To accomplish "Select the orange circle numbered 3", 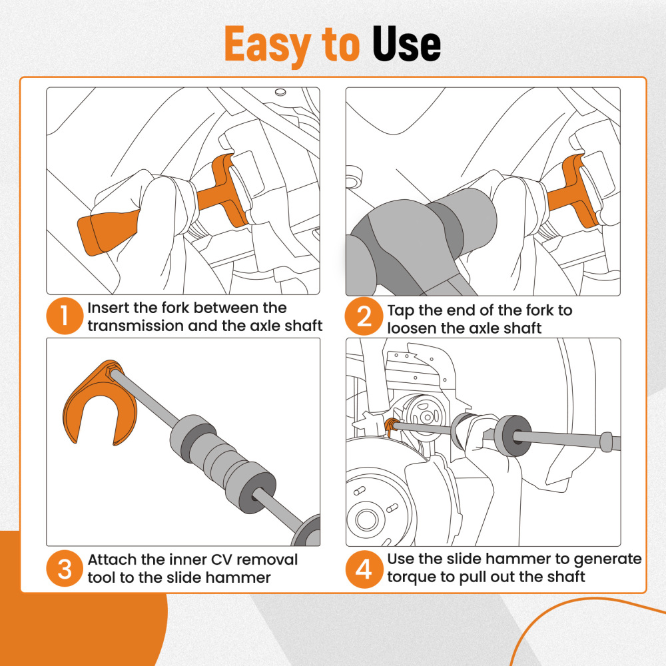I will tap(65, 569).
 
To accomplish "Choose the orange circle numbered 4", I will tap(364, 569).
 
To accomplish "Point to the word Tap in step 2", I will tap(401, 310).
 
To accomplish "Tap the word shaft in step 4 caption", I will tap(565, 577).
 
